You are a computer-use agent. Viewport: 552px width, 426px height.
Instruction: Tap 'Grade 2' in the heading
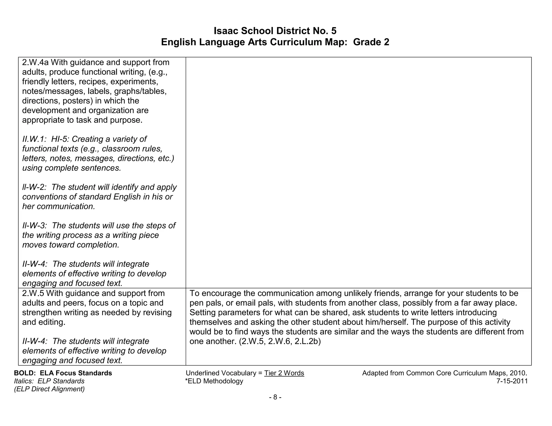tap(371, 42)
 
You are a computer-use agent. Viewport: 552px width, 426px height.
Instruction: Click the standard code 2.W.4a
tap(35, 62)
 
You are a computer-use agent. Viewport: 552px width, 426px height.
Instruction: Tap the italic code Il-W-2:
tap(34, 187)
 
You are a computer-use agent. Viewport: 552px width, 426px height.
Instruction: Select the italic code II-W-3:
tap(35, 226)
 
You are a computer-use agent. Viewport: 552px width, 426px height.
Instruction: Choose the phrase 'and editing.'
tap(44, 322)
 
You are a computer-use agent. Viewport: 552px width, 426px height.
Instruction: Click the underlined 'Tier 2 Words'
tap(284, 373)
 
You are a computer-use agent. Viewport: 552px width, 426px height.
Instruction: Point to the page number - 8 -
tap(275, 397)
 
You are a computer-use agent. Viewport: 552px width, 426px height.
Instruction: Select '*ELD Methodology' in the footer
tap(214, 381)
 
